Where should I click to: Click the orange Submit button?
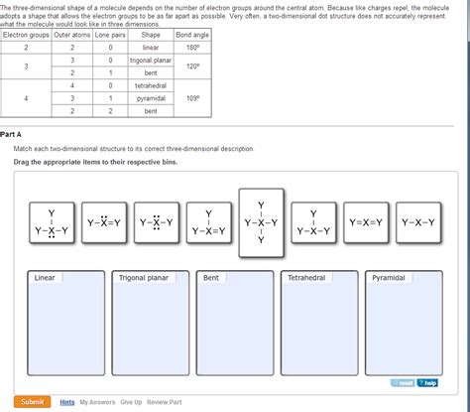(32, 401)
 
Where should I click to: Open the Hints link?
(66, 402)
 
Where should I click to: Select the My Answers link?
(96, 402)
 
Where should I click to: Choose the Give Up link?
(131, 402)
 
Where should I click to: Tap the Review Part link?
(164, 402)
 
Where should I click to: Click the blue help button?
(426, 382)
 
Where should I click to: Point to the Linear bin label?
(45, 278)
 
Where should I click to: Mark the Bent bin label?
(211, 278)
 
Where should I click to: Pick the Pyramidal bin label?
(388, 278)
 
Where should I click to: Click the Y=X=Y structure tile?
(366, 222)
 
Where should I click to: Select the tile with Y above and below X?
(261, 222)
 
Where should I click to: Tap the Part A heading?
(12, 134)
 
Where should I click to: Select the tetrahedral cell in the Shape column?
(151, 85)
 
